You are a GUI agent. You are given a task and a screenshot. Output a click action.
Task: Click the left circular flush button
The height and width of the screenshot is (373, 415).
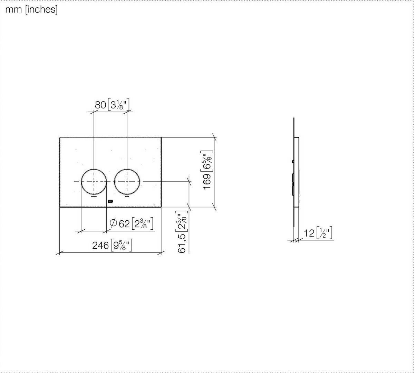click(81, 182)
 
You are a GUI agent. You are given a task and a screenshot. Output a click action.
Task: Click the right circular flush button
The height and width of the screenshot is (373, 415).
click(114, 182)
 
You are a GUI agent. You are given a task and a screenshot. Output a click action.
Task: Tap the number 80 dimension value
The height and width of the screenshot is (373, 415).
click(100, 105)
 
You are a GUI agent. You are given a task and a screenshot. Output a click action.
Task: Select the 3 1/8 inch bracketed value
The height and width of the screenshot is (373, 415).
click(119, 105)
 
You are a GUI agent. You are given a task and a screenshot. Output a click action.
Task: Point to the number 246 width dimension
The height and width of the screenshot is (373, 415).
click(100, 246)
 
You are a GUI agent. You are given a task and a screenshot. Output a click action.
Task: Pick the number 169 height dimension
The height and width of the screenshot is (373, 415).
click(207, 182)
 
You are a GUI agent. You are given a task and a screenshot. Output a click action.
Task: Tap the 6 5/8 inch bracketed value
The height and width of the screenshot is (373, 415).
click(207, 161)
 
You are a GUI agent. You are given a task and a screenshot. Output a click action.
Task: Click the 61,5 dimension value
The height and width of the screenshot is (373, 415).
click(182, 243)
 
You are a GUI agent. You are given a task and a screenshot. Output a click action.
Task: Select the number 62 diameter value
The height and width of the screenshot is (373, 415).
click(124, 224)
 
